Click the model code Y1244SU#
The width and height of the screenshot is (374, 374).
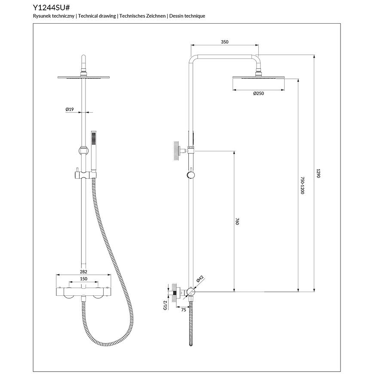pyautogui.click(x=51, y=8)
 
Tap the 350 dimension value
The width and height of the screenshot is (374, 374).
pyautogui.click(x=224, y=42)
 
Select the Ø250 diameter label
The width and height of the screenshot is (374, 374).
pyautogui.click(x=258, y=94)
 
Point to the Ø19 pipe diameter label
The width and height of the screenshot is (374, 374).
pyautogui.click(x=70, y=109)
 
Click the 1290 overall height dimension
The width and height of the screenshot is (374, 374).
pyautogui.click(x=318, y=173)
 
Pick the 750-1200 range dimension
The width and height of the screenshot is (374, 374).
pyautogui.click(x=303, y=185)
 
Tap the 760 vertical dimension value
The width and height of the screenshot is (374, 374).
pyautogui.click(x=237, y=221)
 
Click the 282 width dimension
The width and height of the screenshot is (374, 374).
pyautogui.click(x=83, y=272)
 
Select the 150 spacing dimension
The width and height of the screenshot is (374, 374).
pyautogui.click(x=83, y=279)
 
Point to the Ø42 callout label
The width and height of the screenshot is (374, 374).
pyautogui.click(x=200, y=279)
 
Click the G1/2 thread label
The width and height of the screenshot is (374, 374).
pyautogui.click(x=166, y=305)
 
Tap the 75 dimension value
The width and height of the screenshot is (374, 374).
pyautogui.click(x=184, y=310)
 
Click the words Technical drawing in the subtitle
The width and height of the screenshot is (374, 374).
pyautogui.click(x=97, y=16)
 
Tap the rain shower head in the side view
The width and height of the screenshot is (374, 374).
pyautogui.click(x=258, y=77)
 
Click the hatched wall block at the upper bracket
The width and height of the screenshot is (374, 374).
pyautogui.click(x=176, y=151)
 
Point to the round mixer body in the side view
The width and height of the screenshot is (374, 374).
pyautogui.click(x=191, y=291)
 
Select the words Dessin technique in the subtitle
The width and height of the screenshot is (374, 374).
pyautogui.click(x=187, y=16)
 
